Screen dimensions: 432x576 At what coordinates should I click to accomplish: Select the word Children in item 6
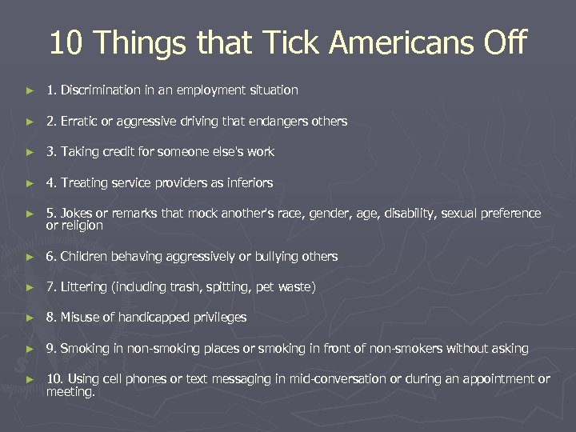(86, 257)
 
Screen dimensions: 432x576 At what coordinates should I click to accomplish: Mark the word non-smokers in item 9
(430, 349)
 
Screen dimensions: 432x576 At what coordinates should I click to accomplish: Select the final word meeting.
(70, 392)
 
